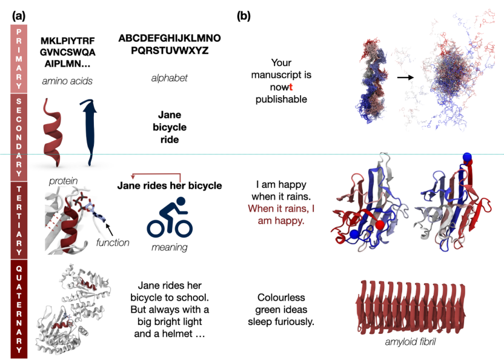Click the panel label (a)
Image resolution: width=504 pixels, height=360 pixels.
pyautogui.click(x=19, y=16)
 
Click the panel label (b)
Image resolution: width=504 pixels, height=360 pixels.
pyautogui.click(x=244, y=16)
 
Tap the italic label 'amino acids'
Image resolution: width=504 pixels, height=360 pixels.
pyautogui.click(x=67, y=81)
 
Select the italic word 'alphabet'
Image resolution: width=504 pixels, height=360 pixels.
pyautogui.click(x=170, y=78)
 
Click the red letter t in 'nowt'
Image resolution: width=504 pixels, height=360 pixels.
pyautogui.click(x=291, y=87)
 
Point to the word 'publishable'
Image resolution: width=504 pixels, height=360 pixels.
pyautogui.click(x=281, y=99)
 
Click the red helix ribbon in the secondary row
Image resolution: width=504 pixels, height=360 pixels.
pyautogui.click(x=51, y=133)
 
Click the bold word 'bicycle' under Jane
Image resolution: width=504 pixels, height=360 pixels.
pyautogui.click(x=170, y=127)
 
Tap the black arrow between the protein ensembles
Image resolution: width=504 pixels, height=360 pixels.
pyautogui.click(x=405, y=77)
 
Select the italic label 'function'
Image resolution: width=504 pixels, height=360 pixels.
pyautogui.click(x=113, y=242)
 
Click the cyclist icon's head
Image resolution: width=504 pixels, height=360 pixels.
pyautogui.click(x=181, y=201)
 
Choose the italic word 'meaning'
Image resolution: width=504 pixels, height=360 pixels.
pyautogui.click(x=170, y=247)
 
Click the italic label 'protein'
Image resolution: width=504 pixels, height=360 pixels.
pyautogui.click(x=64, y=181)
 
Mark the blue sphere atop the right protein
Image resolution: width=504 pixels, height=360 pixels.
pyautogui.click(x=467, y=158)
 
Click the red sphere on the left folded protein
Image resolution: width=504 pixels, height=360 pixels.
pyautogui.click(x=380, y=225)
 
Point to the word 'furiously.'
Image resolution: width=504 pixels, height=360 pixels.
pyautogui.click(x=294, y=321)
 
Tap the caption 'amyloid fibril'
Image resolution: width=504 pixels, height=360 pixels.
pyautogui.click(x=411, y=342)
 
